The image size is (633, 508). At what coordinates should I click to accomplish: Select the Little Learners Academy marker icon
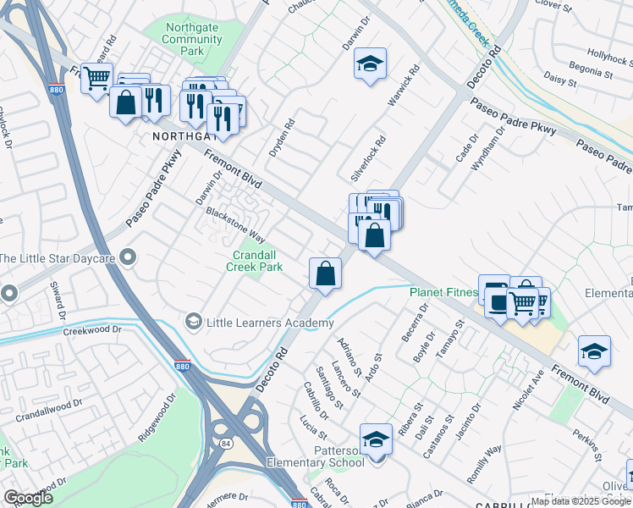193,322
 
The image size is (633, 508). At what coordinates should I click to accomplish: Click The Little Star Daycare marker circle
128,257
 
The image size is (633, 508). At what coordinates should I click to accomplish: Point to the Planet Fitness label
443,293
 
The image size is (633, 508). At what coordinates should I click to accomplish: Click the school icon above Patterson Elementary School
376,439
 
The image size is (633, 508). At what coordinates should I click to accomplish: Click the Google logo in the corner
29,498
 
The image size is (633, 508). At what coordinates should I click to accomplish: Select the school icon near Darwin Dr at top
370,63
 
